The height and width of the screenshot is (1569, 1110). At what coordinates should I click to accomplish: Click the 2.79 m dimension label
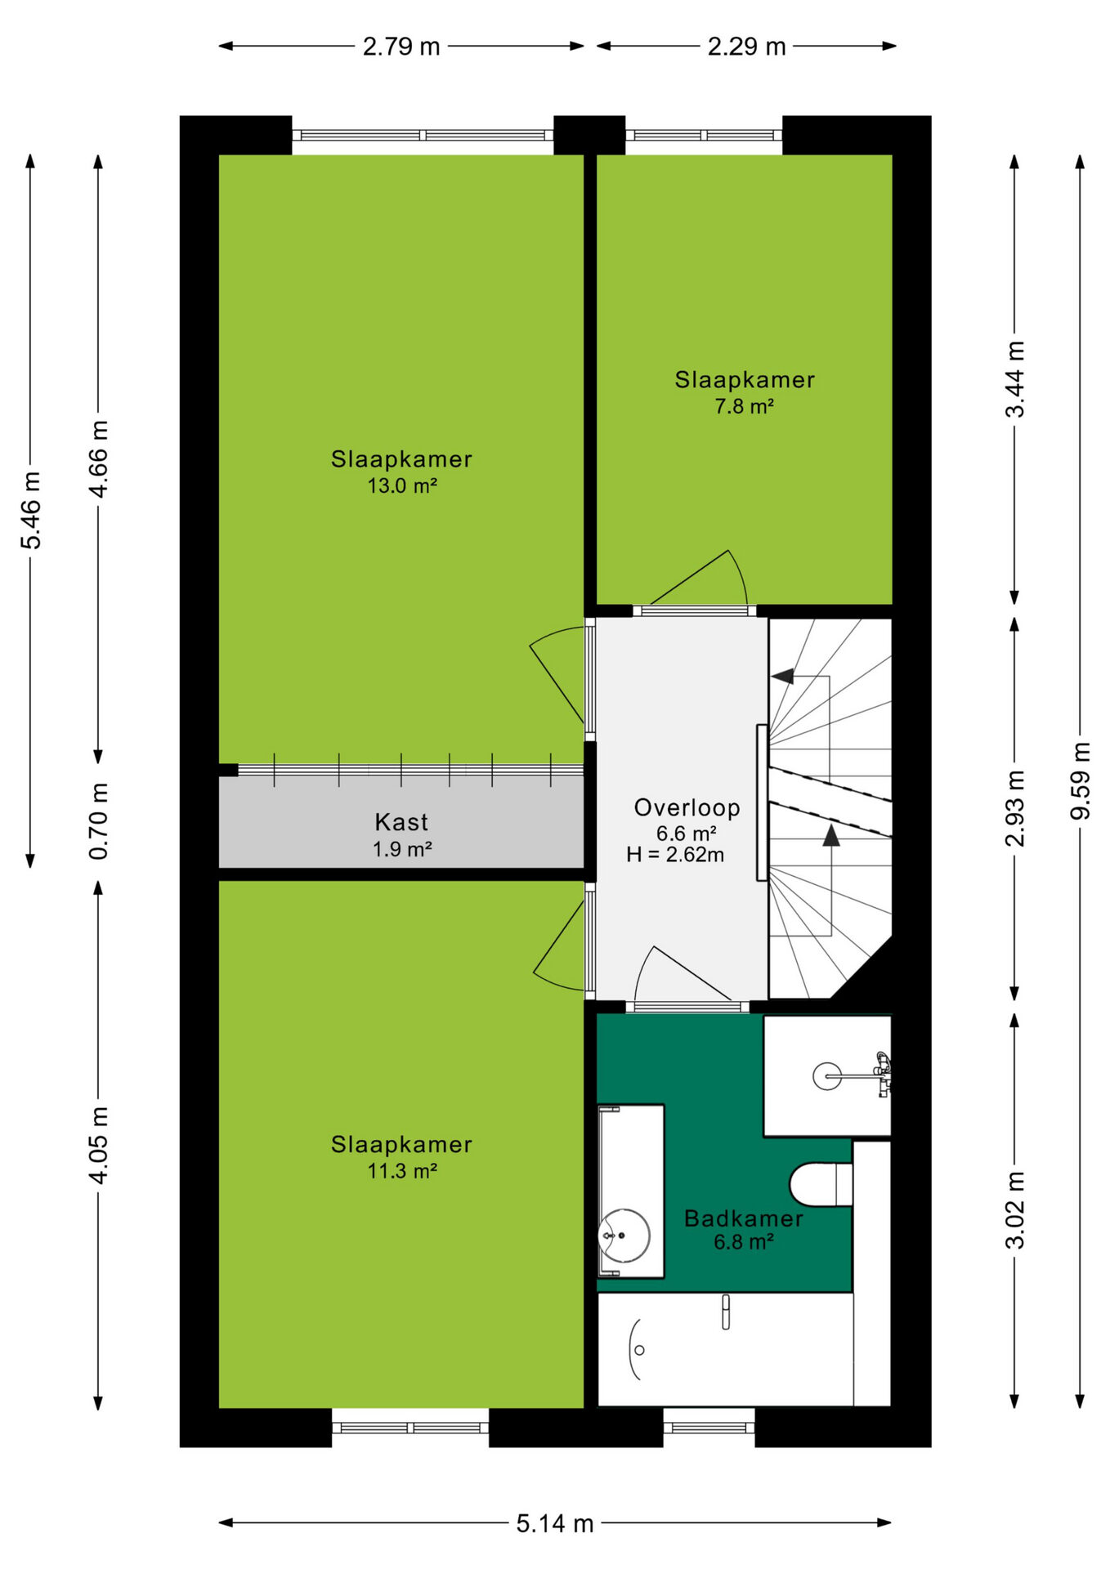401,47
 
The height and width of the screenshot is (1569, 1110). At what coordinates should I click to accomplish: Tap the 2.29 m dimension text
746,47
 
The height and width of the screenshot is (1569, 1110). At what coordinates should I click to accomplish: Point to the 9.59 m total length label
1081,781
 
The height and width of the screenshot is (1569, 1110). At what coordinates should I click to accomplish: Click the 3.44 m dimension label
1014,379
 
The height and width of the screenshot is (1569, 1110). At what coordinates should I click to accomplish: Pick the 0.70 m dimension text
98,821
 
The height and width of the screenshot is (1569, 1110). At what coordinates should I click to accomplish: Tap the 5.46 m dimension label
31,511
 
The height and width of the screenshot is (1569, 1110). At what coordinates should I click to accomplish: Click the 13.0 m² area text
402,486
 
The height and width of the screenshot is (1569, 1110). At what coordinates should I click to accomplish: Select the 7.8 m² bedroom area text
745,406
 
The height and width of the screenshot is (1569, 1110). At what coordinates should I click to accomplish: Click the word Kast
401,822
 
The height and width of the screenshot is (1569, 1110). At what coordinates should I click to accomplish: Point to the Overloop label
687,808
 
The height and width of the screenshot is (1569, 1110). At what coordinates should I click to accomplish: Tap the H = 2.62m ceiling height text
675,855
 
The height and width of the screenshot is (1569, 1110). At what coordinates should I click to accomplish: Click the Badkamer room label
744,1218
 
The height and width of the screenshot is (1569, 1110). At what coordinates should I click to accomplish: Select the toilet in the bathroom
821,1184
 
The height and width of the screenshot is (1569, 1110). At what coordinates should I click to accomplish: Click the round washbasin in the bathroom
624,1235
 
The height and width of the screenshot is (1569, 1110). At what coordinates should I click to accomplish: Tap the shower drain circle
827,1076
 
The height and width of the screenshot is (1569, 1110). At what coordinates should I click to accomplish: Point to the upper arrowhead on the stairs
782,676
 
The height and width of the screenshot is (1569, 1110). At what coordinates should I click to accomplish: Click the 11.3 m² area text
402,1171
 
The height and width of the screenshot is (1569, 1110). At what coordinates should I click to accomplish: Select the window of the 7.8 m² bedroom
704,136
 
